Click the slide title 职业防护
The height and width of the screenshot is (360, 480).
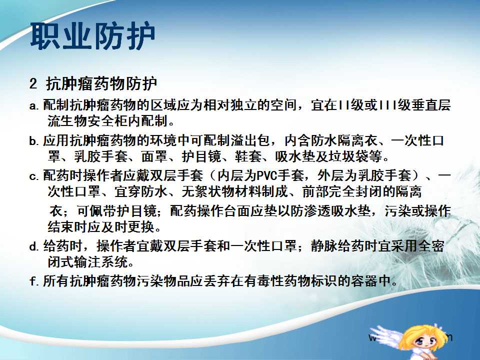93,36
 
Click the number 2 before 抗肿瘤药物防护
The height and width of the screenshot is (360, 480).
33,84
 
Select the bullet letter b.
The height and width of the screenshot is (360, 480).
33,141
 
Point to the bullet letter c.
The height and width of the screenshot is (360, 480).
33,177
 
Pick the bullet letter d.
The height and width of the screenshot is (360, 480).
33,246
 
